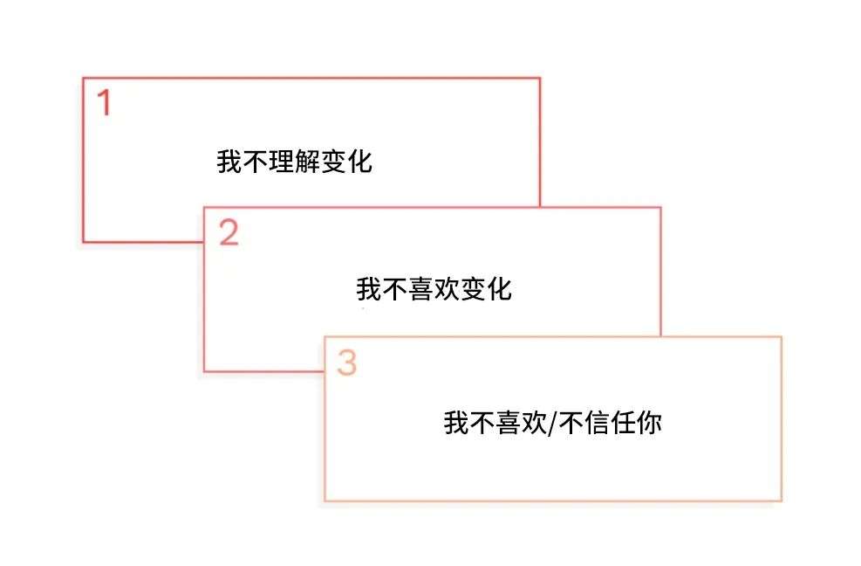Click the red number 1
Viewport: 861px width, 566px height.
104,103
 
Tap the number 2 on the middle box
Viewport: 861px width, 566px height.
229,233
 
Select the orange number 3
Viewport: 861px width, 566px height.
347,363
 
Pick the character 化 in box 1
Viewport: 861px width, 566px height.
359,162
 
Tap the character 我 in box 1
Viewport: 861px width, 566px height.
229,162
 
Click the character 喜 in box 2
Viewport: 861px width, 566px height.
421,289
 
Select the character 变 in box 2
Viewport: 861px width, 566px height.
474,289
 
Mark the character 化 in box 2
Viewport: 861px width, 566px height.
499,289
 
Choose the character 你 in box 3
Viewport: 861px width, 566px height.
648,424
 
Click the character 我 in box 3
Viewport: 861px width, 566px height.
456,424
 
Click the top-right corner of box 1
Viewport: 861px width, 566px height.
540,79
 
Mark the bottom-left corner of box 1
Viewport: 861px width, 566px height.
84,241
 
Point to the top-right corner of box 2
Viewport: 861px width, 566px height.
660,208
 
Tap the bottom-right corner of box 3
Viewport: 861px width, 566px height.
781,500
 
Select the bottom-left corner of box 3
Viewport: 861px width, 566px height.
325,500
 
